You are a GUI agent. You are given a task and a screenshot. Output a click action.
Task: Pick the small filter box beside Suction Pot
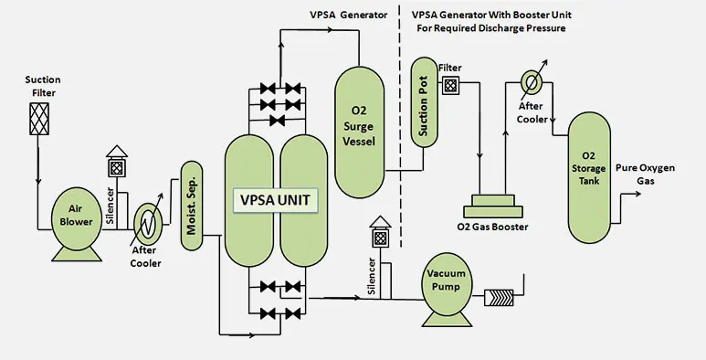click(x=449, y=87)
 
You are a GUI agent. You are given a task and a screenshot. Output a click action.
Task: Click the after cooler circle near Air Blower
click(x=146, y=221)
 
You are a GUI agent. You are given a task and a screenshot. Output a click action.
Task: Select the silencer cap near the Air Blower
click(x=115, y=164)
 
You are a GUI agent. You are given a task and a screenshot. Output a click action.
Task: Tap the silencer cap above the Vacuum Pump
click(x=378, y=236)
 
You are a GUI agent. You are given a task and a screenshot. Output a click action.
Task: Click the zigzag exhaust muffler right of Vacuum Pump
click(x=500, y=299)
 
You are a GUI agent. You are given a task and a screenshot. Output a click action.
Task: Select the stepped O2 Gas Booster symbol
click(x=499, y=204)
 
